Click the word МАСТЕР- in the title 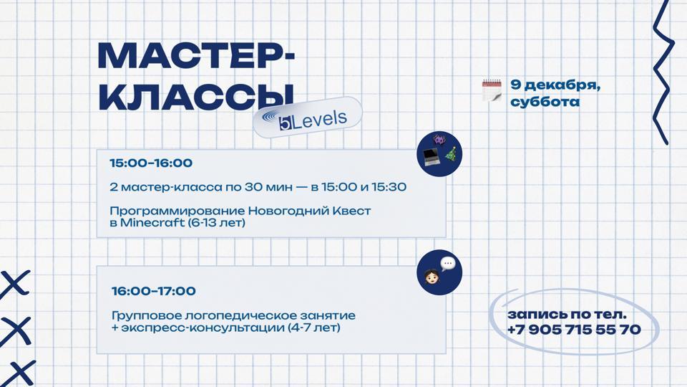196,56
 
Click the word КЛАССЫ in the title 195,96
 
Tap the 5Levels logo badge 308,118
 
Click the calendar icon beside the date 492,90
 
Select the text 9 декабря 555,85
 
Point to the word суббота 545,102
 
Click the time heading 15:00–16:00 151,163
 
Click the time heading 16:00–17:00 153,291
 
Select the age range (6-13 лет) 216,223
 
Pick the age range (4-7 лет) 313,328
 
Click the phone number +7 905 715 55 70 574,330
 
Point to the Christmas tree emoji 452,154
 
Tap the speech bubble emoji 448,264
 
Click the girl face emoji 432,276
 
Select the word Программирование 177,211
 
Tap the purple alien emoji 439,140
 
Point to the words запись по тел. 567,314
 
